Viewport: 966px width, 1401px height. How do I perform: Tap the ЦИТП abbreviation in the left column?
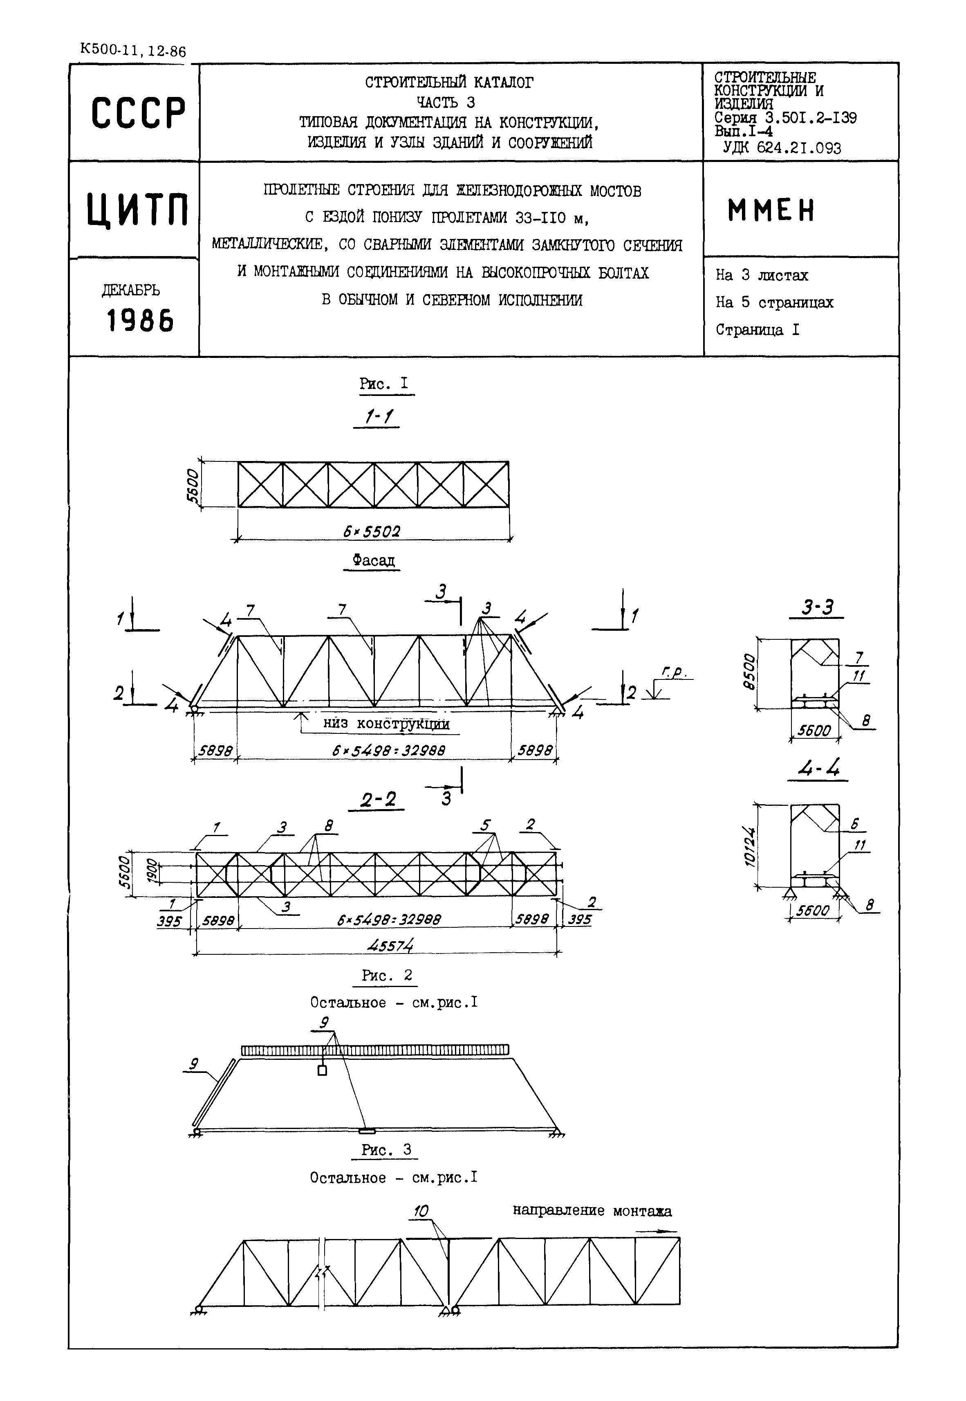pyautogui.click(x=137, y=209)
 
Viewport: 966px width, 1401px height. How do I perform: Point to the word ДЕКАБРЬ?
pyautogui.click(x=131, y=290)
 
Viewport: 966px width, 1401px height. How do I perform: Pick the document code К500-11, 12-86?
pyautogui.click(x=132, y=50)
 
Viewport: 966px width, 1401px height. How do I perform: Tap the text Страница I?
pyautogui.click(x=757, y=330)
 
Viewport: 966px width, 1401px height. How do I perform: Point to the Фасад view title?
pyautogui.click(x=374, y=561)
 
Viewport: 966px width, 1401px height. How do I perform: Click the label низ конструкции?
pyautogui.click(x=386, y=724)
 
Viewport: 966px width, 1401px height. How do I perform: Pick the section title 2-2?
pyautogui.click(x=378, y=800)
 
